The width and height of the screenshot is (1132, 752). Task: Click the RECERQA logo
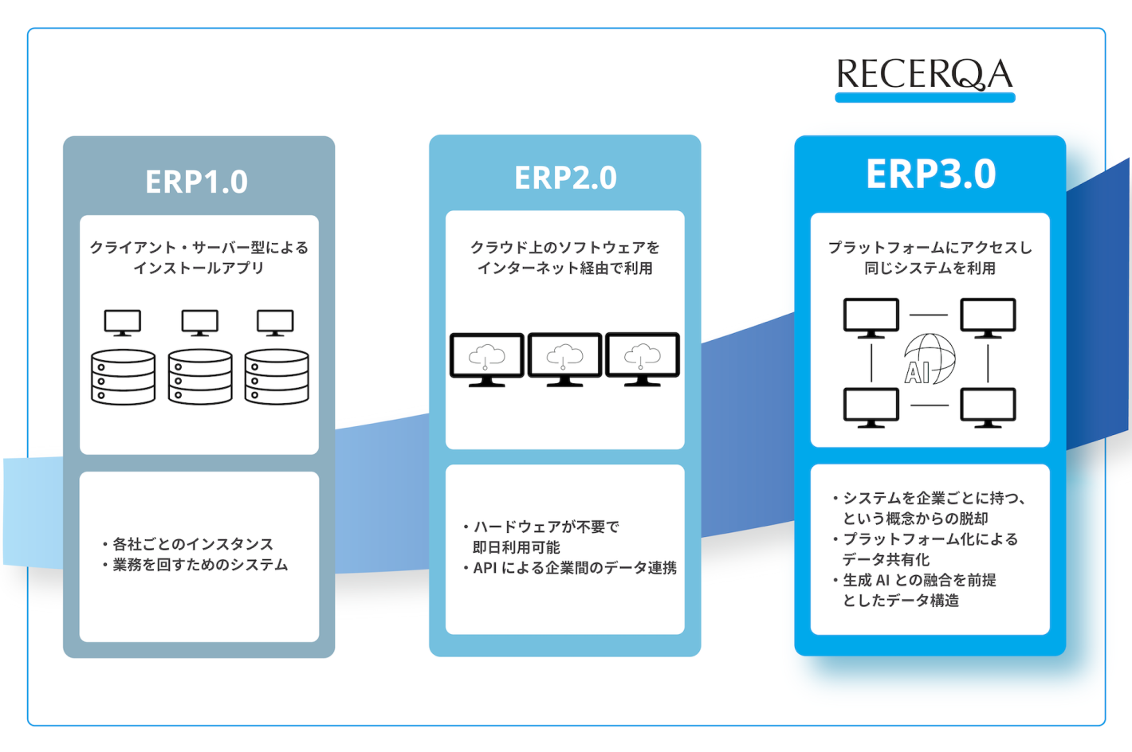[x=925, y=76]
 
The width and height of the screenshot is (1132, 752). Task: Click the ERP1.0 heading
[x=197, y=182]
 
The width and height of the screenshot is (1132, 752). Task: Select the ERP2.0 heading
[x=565, y=178]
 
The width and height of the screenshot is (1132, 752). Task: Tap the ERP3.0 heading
[x=930, y=174]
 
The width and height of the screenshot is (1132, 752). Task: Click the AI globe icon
[x=930, y=359]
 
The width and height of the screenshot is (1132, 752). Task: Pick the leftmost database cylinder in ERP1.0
[x=124, y=377]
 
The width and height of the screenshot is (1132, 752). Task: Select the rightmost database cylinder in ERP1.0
[x=277, y=377]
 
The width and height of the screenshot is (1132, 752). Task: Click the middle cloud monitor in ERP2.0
[x=564, y=358]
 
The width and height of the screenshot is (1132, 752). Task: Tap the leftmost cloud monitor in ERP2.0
[x=487, y=358]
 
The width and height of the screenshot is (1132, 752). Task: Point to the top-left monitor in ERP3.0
[x=871, y=317]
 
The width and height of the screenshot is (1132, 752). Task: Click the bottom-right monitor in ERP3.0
[x=988, y=406]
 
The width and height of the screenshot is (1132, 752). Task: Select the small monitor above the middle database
[x=200, y=323]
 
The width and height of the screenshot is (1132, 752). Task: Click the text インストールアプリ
[x=198, y=268]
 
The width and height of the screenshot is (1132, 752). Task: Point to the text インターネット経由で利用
[x=564, y=268]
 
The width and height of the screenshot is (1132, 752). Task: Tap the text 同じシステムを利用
[x=930, y=268]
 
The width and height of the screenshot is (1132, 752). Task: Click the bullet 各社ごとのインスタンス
[x=192, y=544]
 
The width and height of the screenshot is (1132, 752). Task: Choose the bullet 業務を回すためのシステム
[x=199, y=565]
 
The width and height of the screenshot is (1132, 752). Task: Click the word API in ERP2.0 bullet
[x=485, y=568]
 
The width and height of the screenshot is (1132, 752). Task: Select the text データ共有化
[x=886, y=559]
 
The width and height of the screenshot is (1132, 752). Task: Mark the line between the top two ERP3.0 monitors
[x=929, y=315]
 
